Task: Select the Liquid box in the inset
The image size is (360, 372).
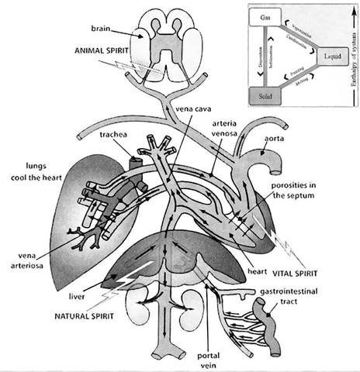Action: pos(328,56)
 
